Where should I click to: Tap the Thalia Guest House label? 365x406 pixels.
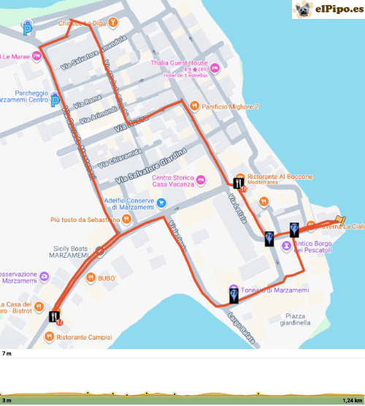(180, 64)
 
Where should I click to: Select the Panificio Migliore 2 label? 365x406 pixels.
(231, 107)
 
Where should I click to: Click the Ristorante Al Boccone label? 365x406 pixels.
(280, 177)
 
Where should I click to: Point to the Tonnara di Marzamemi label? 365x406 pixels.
(274, 291)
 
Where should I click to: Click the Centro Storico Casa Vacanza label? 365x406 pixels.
(173, 181)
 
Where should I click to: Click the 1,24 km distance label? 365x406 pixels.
(351, 400)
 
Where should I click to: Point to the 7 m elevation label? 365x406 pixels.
(7, 353)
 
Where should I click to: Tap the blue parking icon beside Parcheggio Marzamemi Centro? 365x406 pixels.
(55, 101)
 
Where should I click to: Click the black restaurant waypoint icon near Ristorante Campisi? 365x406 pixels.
(55, 316)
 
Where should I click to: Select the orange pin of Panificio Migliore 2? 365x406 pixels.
(194, 106)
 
